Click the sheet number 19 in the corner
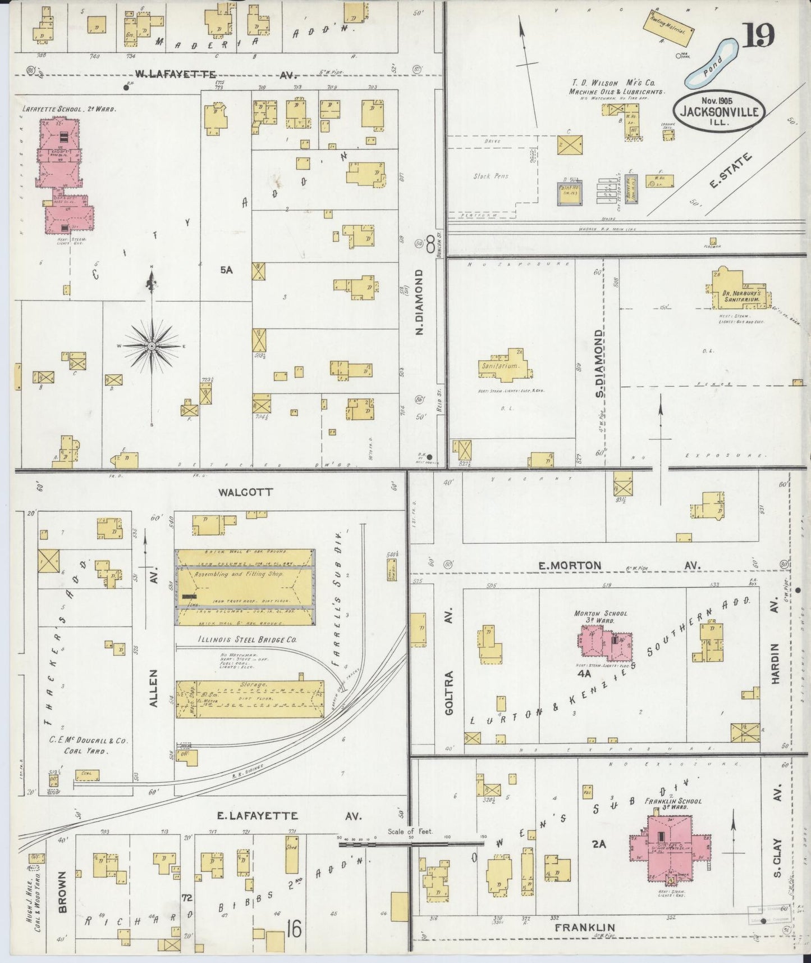click(x=759, y=35)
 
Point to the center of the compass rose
click(x=152, y=346)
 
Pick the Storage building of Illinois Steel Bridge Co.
click(x=250, y=699)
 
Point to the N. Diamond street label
click(x=419, y=302)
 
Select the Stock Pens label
click(x=491, y=176)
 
